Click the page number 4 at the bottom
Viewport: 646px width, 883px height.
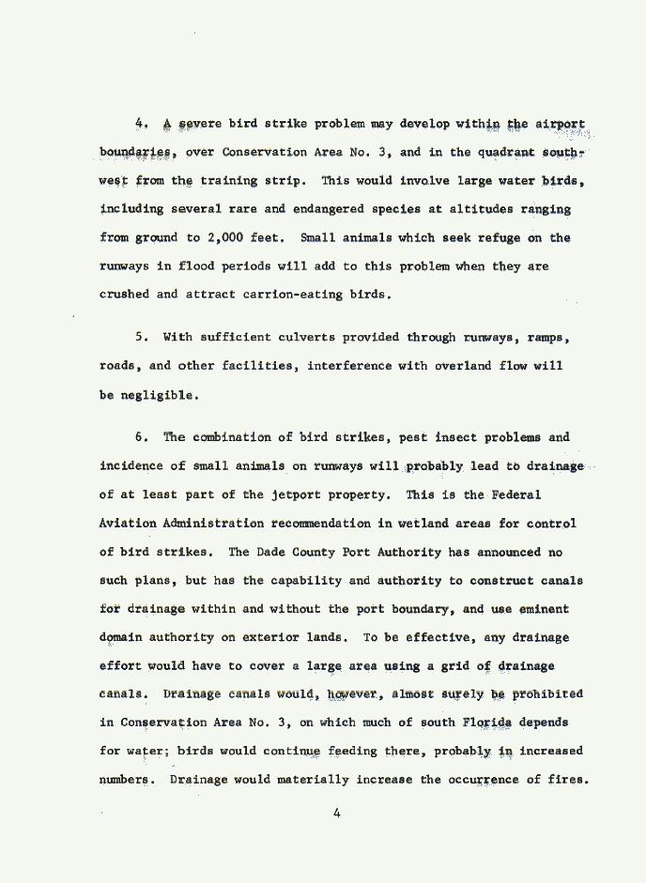pyautogui.click(x=336, y=814)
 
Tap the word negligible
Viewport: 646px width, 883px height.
pyautogui.click(x=161, y=395)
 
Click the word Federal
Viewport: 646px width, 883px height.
pyautogui.click(x=515, y=495)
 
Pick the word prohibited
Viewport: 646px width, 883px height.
pyautogui.click(x=547, y=694)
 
